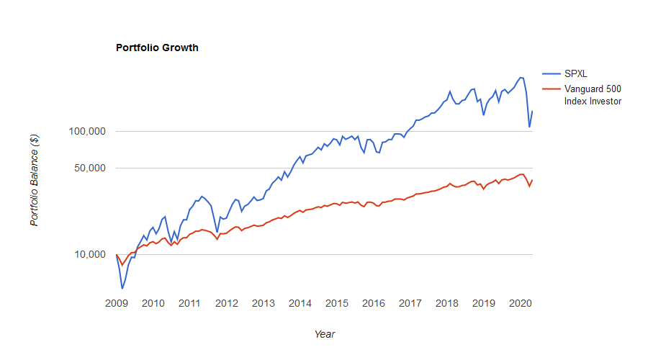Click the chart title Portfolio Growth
click(157, 48)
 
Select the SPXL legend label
click(577, 74)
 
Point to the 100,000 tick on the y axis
click(87, 131)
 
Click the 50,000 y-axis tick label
click(90, 168)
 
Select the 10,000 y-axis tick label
click(90, 254)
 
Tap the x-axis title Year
click(324, 334)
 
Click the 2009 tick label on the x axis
click(116, 304)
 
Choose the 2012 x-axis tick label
click(226, 304)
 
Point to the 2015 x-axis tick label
click(336, 304)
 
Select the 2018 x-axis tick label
click(446, 304)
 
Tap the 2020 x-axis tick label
click(520, 304)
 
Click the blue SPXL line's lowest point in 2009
click(122, 289)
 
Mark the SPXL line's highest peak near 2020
click(521, 77)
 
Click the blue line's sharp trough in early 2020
click(529, 127)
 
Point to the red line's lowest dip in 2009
click(122, 265)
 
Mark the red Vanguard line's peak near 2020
click(521, 174)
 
